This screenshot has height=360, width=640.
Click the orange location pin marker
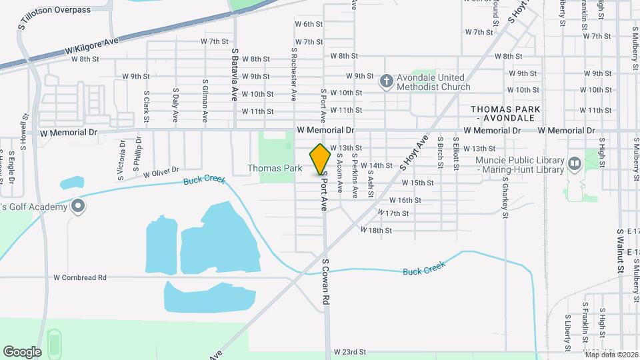(x=321, y=159)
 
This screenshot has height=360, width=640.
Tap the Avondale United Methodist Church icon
(x=385, y=82)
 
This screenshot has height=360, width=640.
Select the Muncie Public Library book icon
(x=574, y=162)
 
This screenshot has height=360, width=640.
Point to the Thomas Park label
(x=275, y=169)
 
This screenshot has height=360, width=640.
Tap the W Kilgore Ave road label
(x=91, y=46)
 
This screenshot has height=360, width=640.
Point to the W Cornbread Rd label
(x=80, y=277)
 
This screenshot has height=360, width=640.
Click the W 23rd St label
(x=350, y=351)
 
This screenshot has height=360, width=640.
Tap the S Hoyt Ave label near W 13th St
(x=413, y=153)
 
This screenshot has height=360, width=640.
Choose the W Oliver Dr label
(x=161, y=172)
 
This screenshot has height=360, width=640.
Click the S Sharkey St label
(x=505, y=197)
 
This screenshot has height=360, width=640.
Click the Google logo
(x=22, y=351)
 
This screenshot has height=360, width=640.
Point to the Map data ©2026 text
(x=611, y=355)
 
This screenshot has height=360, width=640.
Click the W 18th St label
(x=376, y=230)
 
